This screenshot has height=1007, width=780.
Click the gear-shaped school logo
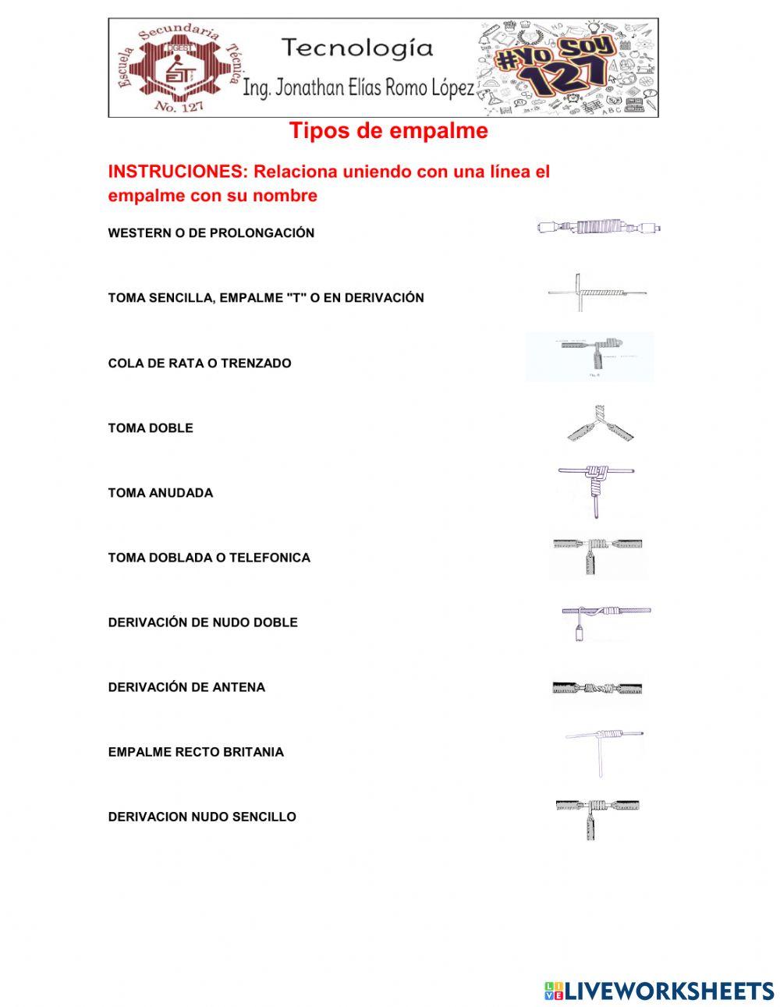pyautogui.click(x=178, y=69)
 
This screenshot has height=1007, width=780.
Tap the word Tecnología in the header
pyautogui.click(x=357, y=48)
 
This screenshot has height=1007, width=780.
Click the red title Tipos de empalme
pyautogui.click(x=388, y=131)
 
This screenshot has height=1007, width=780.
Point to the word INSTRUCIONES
pyautogui.click(x=177, y=172)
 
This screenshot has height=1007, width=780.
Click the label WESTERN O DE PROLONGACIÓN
pyautogui.click(x=211, y=233)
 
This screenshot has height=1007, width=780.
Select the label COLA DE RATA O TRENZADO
pyautogui.click(x=199, y=363)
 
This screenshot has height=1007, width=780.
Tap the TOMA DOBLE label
pyautogui.click(x=151, y=427)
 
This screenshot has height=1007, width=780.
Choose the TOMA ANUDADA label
pyautogui.click(x=160, y=493)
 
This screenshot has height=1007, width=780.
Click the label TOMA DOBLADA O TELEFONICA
pyautogui.click(x=209, y=558)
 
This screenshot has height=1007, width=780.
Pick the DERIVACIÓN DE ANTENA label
pyautogui.click(x=186, y=687)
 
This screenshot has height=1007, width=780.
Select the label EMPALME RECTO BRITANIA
pyautogui.click(x=196, y=752)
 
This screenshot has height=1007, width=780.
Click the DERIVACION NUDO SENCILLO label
pyautogui.click(x=202, y=817)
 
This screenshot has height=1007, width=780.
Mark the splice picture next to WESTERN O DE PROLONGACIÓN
pyautogui.click(x=599, y=228)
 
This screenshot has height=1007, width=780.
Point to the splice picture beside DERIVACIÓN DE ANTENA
pyautogui.click(x=597, y=689)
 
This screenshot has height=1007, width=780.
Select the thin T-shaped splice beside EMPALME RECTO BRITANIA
pyautogui.click(x=602, y=751)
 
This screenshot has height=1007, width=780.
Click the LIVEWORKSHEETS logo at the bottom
pyautogui.click(x=659, y=991)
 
